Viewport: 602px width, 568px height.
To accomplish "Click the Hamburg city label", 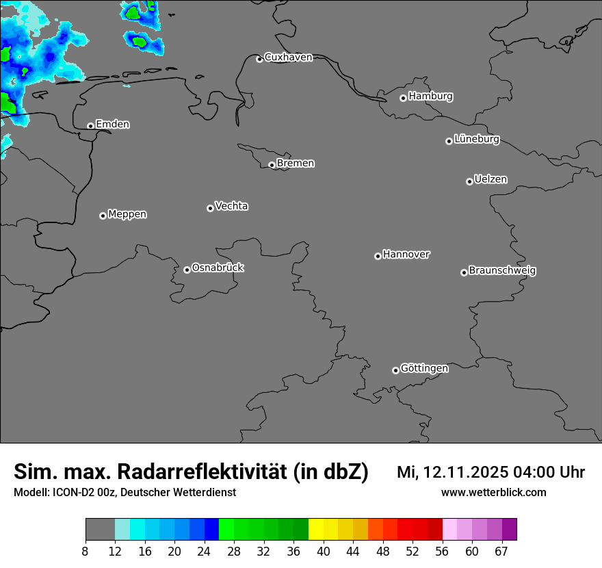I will [x=430, y=96].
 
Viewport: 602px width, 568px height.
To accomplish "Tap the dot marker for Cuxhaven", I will [x=259, y=59].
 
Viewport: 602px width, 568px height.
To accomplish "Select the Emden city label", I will [x=112, y=125].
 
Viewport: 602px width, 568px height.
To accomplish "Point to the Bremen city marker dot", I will [x=272, y=165].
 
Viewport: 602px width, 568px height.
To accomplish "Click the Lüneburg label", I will [x=476, y=140].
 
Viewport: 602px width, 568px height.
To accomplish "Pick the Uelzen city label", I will [x=490, y=180].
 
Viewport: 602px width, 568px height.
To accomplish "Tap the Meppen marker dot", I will [x=103, y=216].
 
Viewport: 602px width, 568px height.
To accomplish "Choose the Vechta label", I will [x=231, y=206].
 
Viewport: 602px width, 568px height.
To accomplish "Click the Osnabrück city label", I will [x=218, y=268].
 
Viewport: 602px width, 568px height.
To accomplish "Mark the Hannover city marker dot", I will [x=378, y=256].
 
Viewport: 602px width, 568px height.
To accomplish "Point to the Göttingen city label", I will [x=424, y=369].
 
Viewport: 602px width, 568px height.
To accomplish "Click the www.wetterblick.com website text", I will [x=493, y=493].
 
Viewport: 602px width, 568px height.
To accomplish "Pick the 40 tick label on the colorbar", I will [x=323, y=552].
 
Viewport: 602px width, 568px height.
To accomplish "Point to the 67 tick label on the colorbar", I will [x=501, y=552].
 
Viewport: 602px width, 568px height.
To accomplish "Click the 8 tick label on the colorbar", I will [x=86, y=552].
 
